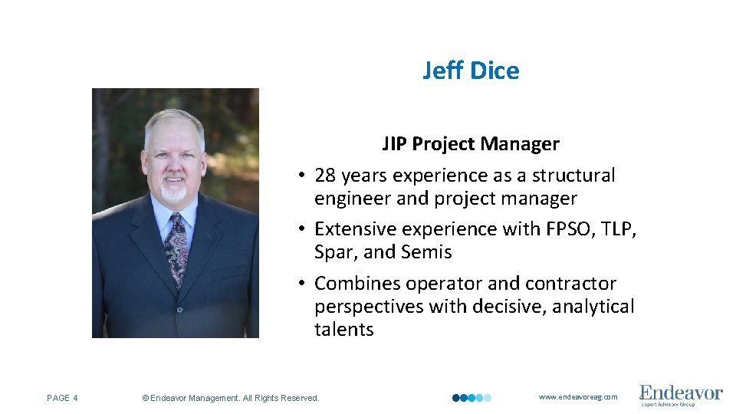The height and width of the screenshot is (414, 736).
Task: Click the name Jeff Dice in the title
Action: point(471,71)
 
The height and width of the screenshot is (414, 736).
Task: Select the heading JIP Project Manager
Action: point(471,144)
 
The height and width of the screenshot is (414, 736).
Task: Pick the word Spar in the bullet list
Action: point(332,252)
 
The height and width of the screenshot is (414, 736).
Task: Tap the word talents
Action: point(343,330)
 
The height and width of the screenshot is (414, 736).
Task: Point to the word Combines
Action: point(358,284)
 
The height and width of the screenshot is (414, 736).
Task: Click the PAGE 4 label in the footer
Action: point(63,398)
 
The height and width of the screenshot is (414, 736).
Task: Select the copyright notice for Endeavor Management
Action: point(231,398)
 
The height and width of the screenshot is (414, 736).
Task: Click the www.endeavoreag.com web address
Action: point(578,397)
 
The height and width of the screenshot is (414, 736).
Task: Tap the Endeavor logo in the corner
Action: point(681,396)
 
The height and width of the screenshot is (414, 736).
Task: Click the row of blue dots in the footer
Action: point(472,398)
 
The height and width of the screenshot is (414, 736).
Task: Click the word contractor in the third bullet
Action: point(569,284)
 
